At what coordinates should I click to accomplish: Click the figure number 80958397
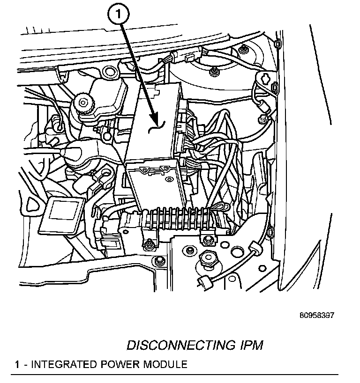coord(317,316)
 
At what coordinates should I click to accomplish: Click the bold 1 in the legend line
coord(17,365)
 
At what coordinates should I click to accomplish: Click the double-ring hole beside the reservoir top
coord(111,72)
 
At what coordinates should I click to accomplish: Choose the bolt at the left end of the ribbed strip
coord(148,243)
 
